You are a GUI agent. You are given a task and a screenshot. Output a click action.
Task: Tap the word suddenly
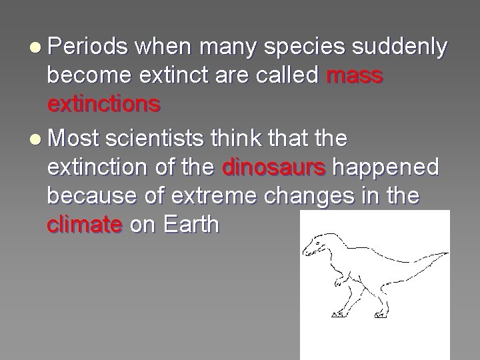pyautogui.click(x=409, y=48)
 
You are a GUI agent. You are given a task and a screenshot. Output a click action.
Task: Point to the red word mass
pyautogui.click(x=355, y=77)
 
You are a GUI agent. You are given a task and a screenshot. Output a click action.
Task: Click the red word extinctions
pyautogui.click(x=103, y=105)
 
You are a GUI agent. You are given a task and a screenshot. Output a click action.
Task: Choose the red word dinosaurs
pyautogui.click(x=273, y=167)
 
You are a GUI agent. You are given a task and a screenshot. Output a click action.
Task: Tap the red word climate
pyautogui.click(x=85, y=225)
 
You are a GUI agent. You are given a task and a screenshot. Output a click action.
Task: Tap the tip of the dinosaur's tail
pyautogui.click(x=447, y=254)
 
